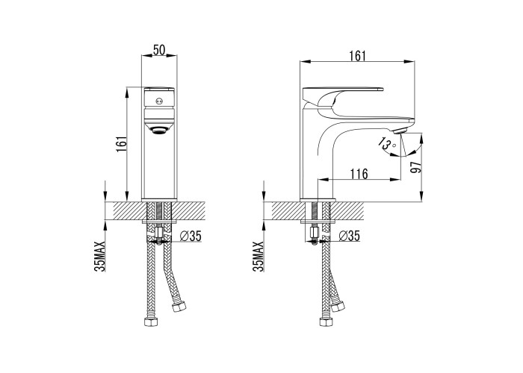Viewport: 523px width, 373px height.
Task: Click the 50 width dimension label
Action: (159, 50)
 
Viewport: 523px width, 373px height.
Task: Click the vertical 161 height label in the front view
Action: (121, 144)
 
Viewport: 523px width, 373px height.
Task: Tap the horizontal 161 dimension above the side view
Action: (358, 56)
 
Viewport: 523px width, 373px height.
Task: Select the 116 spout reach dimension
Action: (359, 174)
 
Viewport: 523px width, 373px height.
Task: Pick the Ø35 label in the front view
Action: (191, 236)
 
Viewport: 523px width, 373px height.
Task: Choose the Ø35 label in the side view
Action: (349, 236)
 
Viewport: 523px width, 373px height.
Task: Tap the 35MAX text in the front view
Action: (99, 257)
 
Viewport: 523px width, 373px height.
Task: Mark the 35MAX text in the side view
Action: (259, 257)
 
